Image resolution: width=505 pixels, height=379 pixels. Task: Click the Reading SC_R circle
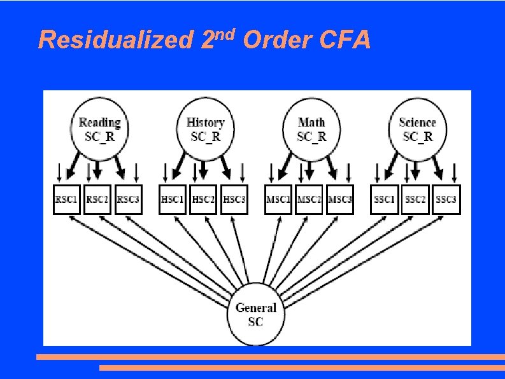pyautogui.click(x=99, y=130)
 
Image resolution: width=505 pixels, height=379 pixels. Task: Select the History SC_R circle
pyautogui.click(x=205, y=130)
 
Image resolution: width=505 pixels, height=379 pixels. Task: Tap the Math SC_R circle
pyautogui.click(x=311, y=130)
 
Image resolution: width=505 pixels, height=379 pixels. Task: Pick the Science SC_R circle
pyautogui.click(x=416, y=130)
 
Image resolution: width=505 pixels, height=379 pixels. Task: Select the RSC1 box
pyautogui.click(x=67, y=200)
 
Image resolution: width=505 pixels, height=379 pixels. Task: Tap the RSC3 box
pyautogui.click(x=128, y=200)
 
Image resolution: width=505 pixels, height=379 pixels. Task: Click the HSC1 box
pyautogui.click(x=173, y=200)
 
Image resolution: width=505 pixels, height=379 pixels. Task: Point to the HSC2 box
pyautogui.click(x=204, y=200)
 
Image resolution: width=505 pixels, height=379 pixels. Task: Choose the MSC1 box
pyautogui.click(x=278, y=200)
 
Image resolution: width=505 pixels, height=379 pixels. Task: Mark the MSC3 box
pyautogui.click(x=339, y=200)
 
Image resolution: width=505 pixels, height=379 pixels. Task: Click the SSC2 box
pyautogui.click(x=415, y=200)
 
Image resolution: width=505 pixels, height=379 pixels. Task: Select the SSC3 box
pyautogui.click(x=446, y=200)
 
